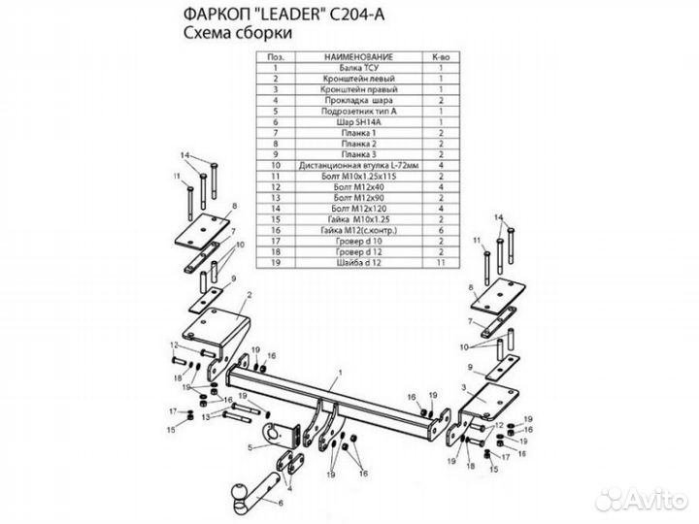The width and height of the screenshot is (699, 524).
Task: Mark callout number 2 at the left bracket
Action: click(x=250, y=294)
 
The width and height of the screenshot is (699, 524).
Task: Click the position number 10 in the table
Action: click(x=277, y=166)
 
